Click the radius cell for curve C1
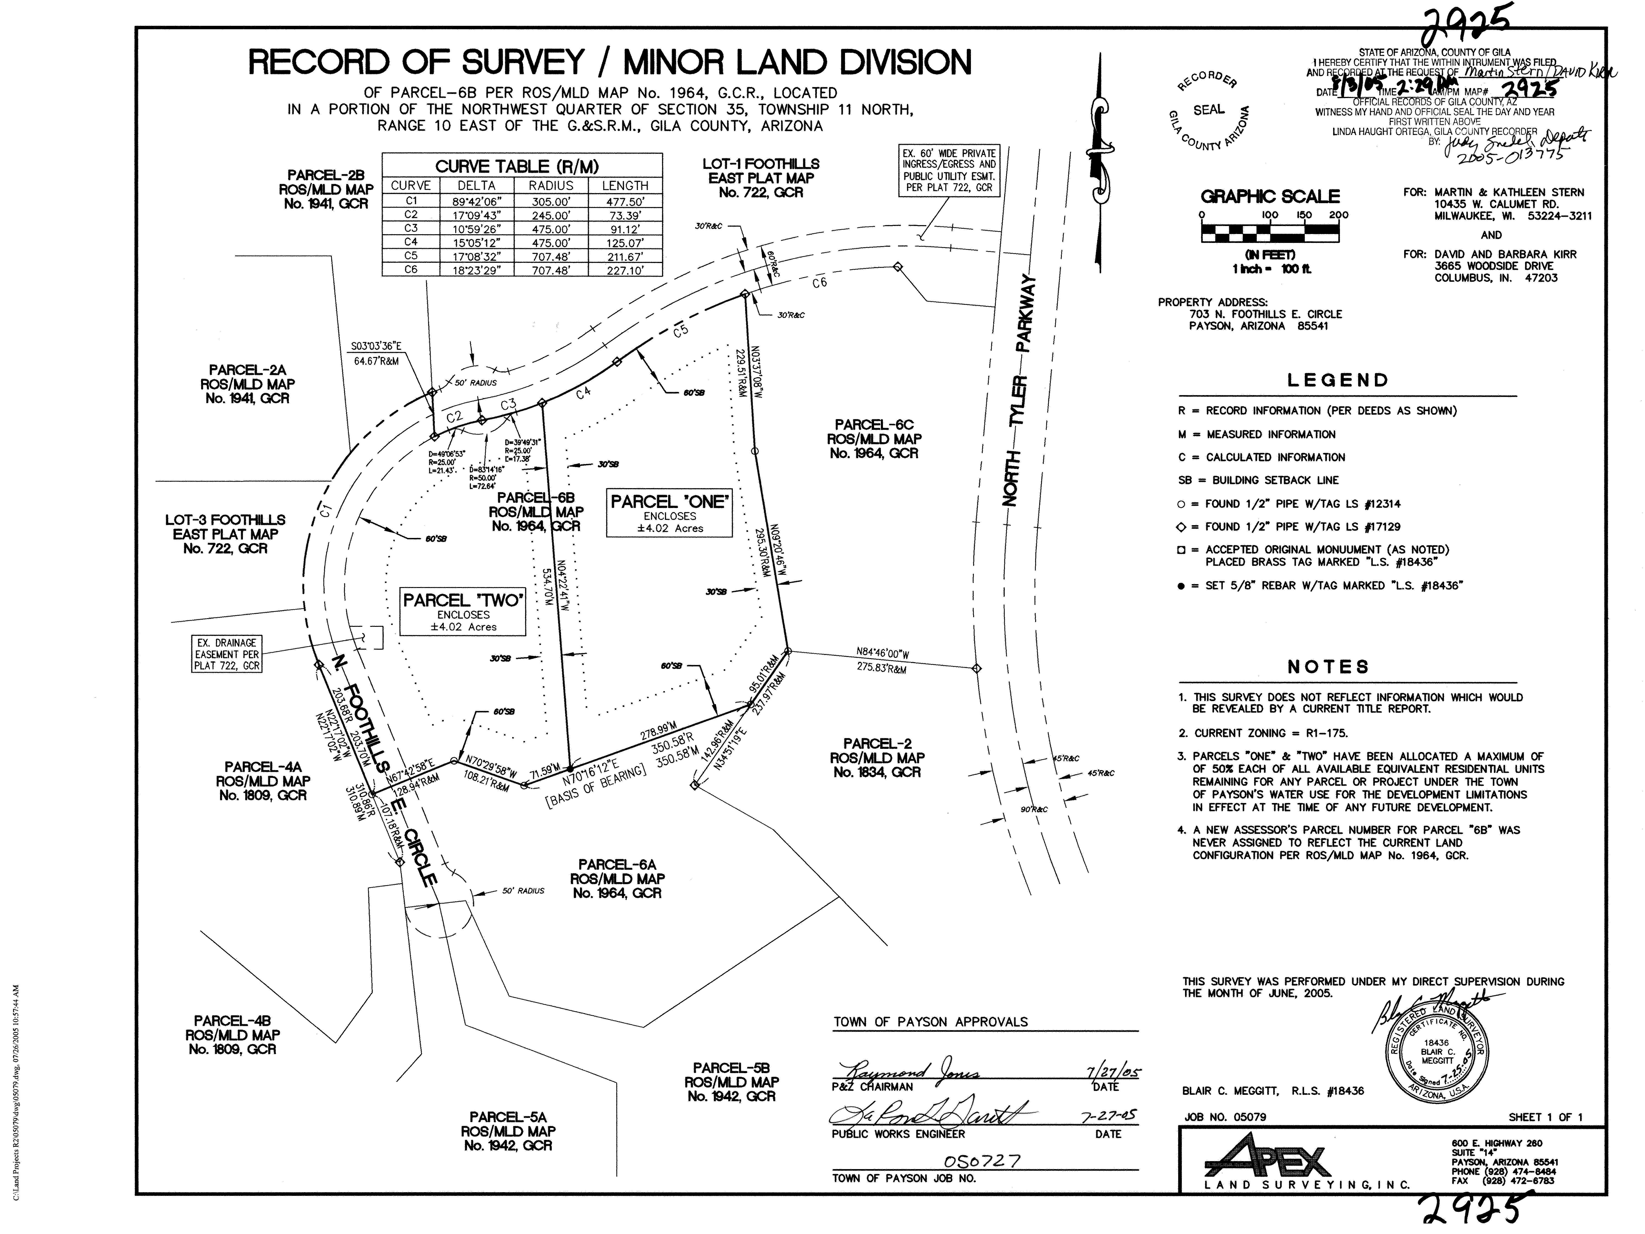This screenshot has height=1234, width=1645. pyautogui.click(x=551, y=201)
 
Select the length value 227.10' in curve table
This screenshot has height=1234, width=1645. pyautogui.click(x=625, y=270)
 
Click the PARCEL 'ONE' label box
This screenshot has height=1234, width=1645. pyautogui.click(x=669, y=513)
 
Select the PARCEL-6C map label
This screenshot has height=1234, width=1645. pyautogui.click(x=874, y=439)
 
